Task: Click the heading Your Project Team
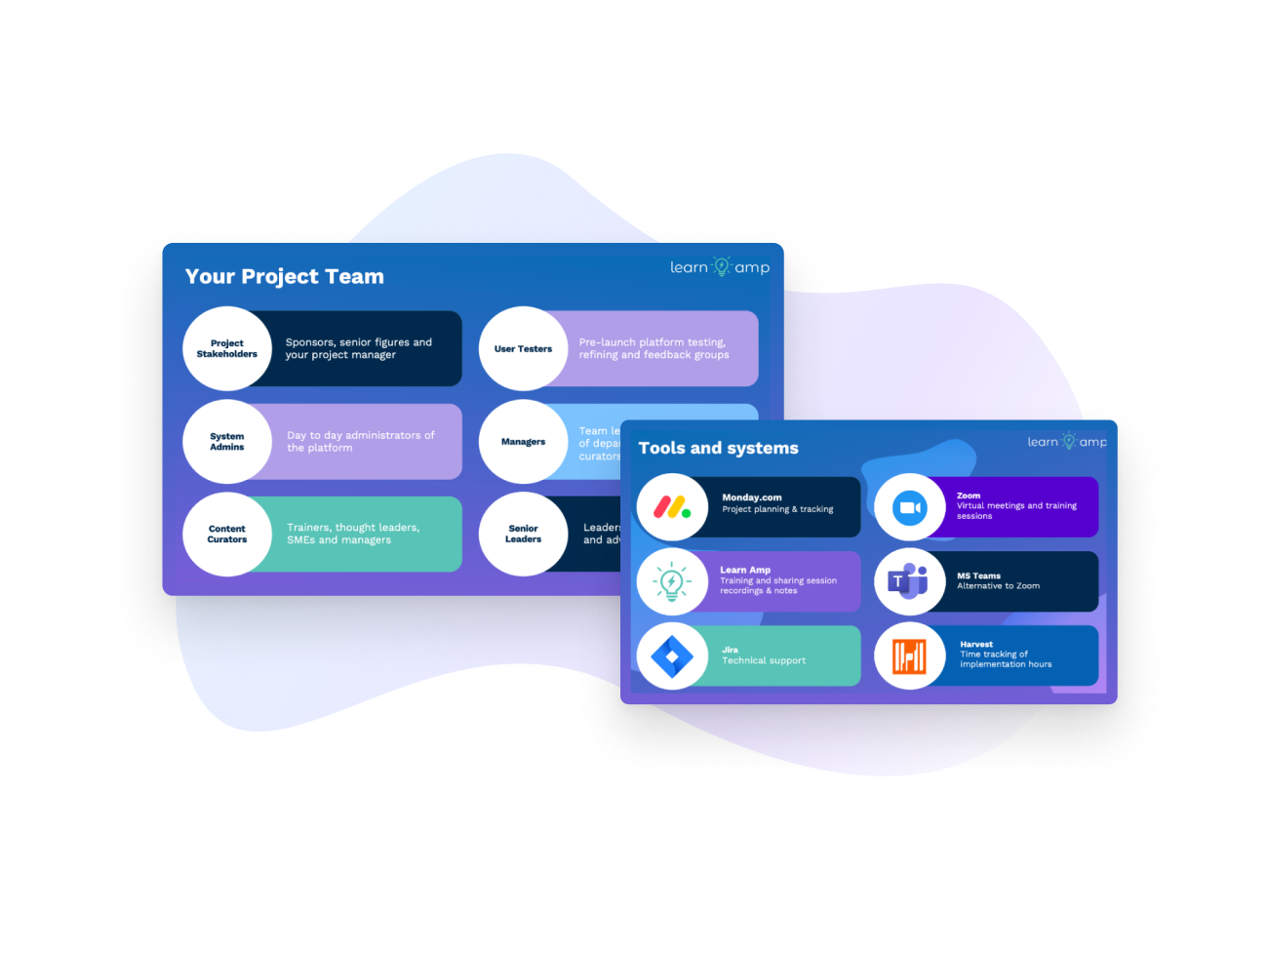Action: (285, 277)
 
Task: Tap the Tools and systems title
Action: (718, 449)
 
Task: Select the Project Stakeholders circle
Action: (227, 348)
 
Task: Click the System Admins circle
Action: (227, 442)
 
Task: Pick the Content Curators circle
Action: (227, 535)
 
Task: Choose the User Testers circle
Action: (523, 348)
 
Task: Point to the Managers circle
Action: (523, 442)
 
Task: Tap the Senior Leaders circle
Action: (523, 534)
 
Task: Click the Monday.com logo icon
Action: (671, 507)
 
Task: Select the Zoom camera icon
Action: (909, 507)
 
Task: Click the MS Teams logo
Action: (909, 582)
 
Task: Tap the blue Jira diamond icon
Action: (671, 656)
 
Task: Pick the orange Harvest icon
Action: (909, 656)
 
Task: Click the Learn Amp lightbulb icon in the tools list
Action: (671, 582)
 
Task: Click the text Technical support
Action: (764, 661)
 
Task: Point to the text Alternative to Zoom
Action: (998, 586)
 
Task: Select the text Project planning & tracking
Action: (777, 509)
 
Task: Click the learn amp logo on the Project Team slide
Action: (720, 267)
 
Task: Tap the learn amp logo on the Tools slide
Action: (1067, 442)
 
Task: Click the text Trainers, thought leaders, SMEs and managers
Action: (353, 534)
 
